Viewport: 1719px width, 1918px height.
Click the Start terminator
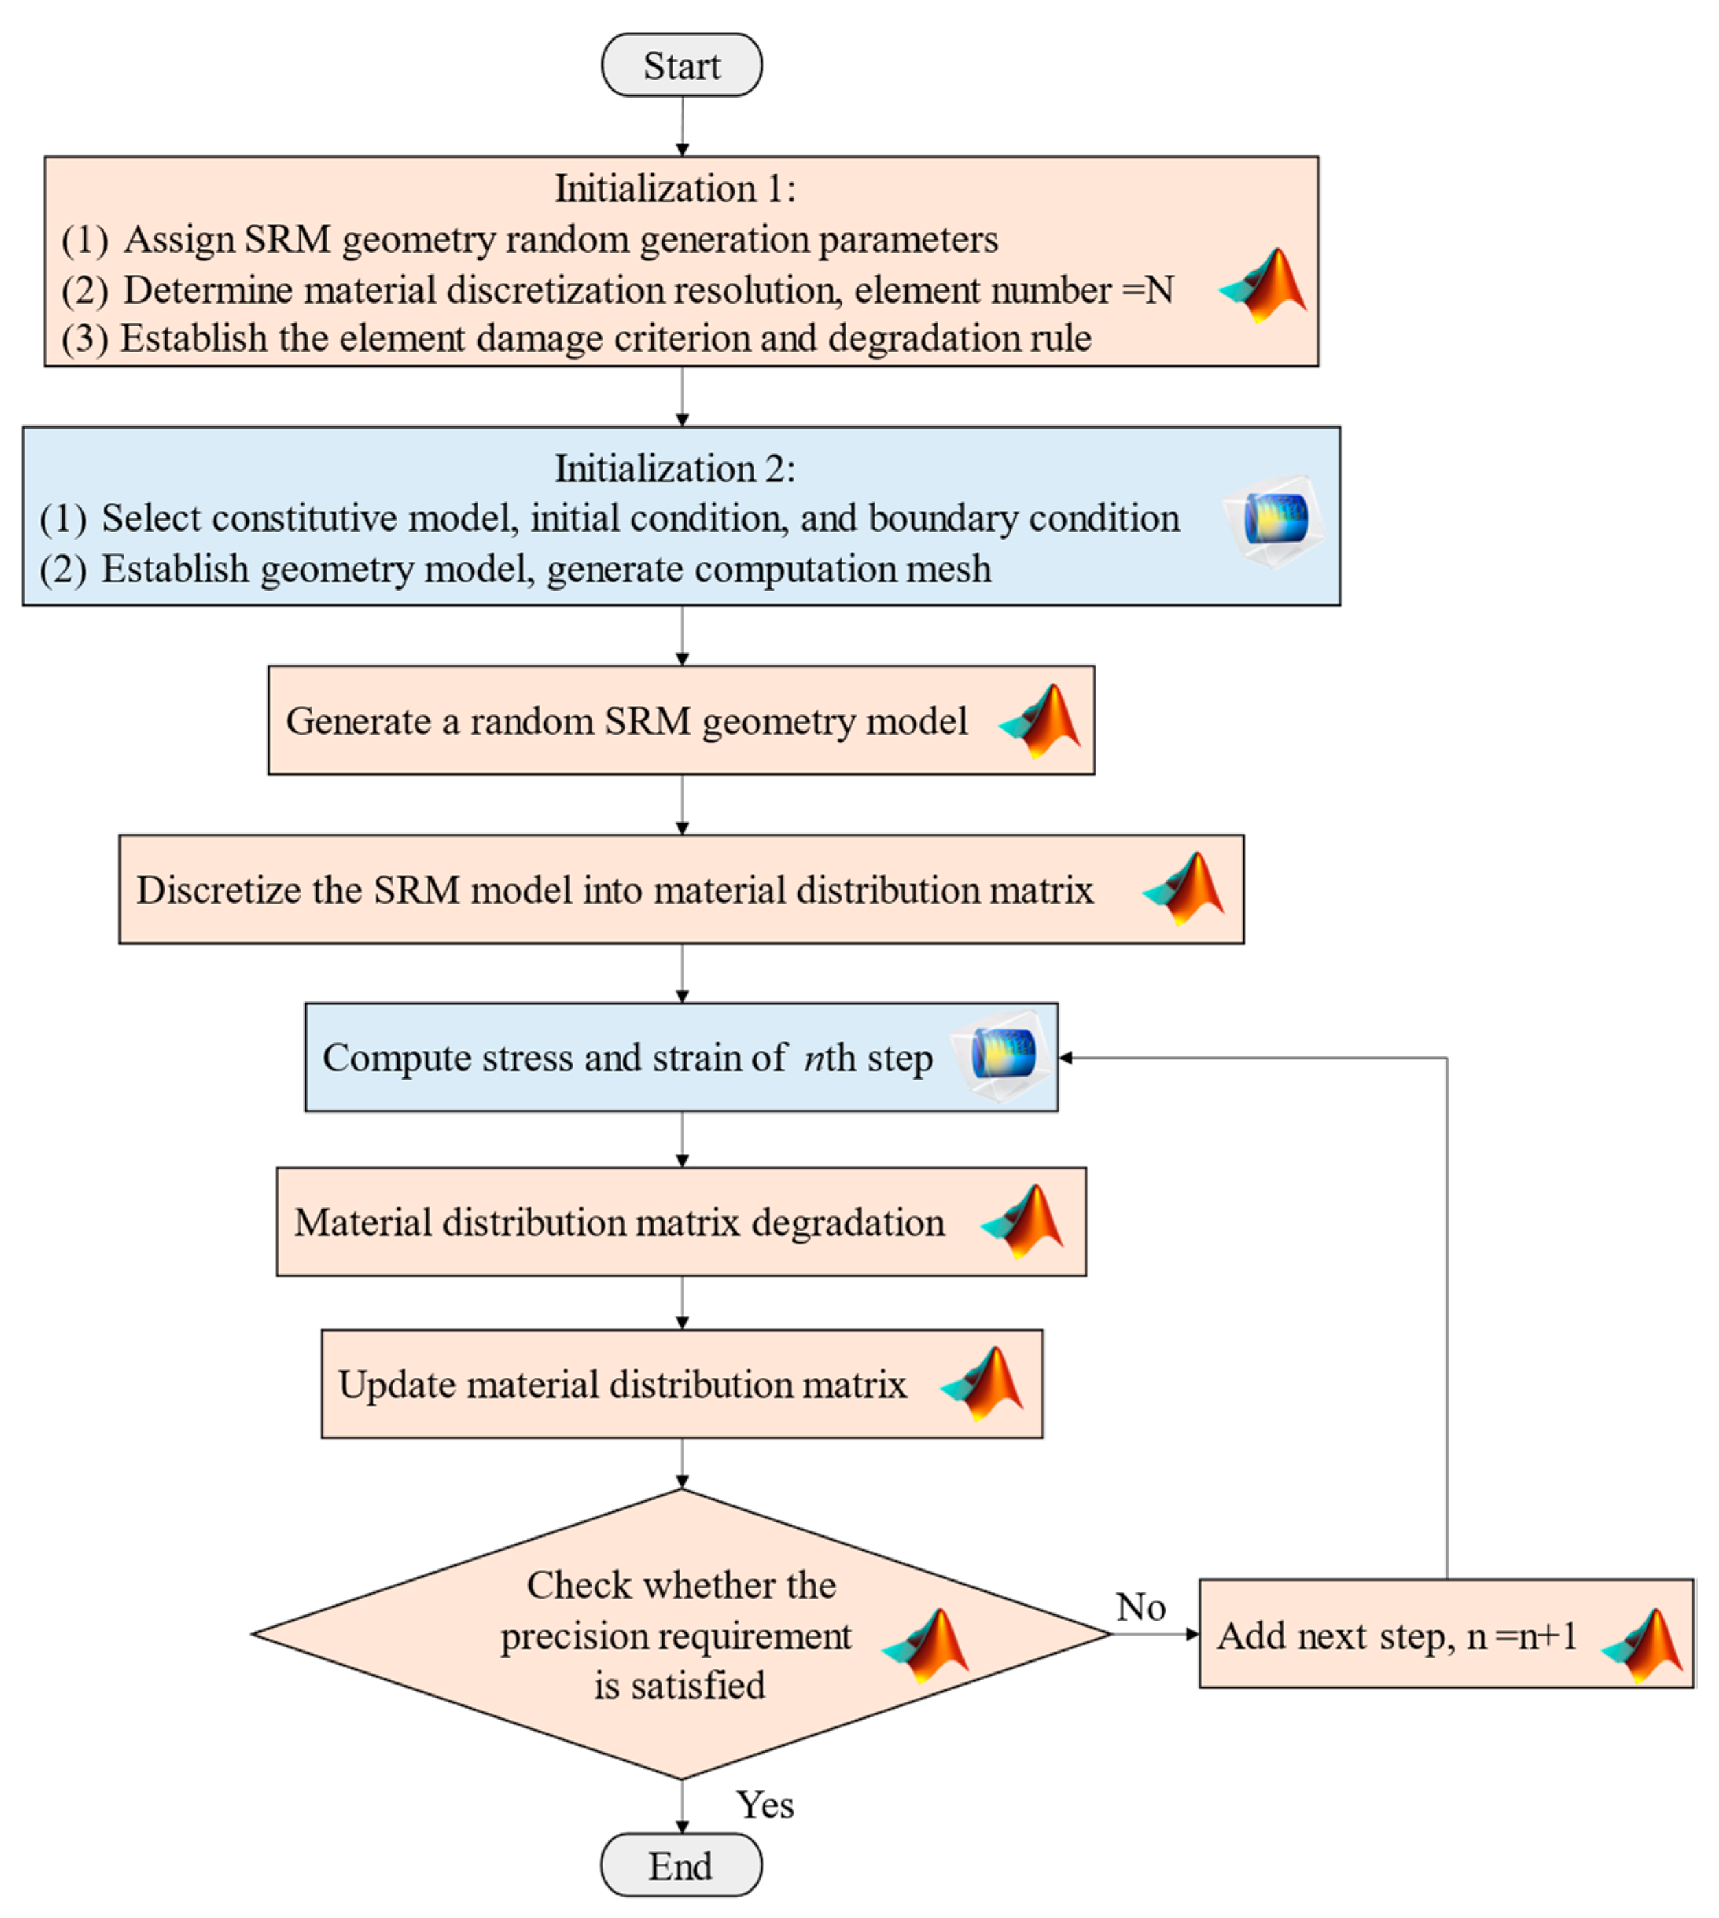pyautogui.click(x=681, y=65)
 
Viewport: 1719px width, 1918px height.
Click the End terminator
pyautogui.click(x=680, y=1865)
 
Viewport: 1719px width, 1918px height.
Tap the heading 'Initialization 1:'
pyautogui.click(x=674, y=188)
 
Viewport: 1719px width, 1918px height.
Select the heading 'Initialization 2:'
pyautogui.click(x=674, y=468)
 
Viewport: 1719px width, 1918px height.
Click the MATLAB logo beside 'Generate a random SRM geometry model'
pyautogui.click(x=1041, y=721)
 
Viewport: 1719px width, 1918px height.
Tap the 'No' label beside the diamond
pyautogui.click(x=1140, y=1607)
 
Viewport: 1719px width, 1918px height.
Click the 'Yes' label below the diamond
pyautogui.click(x=764, y=1805)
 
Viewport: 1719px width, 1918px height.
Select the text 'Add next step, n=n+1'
pyautogui.click(x=1396, y=1636)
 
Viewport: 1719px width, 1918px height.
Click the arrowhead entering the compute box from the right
pyautogui.click(x=1065, y=1058)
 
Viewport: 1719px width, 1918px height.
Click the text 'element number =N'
pyautogui.click(x=1013, y=290)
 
